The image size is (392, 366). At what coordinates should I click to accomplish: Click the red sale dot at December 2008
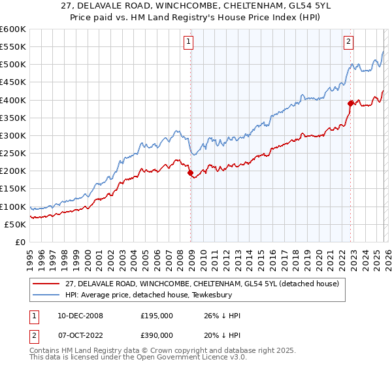191,173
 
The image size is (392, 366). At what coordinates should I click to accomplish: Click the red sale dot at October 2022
351,103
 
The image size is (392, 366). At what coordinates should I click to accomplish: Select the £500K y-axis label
13,65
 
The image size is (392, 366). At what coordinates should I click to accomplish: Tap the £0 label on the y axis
21,242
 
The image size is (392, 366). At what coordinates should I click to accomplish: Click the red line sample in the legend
46,284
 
